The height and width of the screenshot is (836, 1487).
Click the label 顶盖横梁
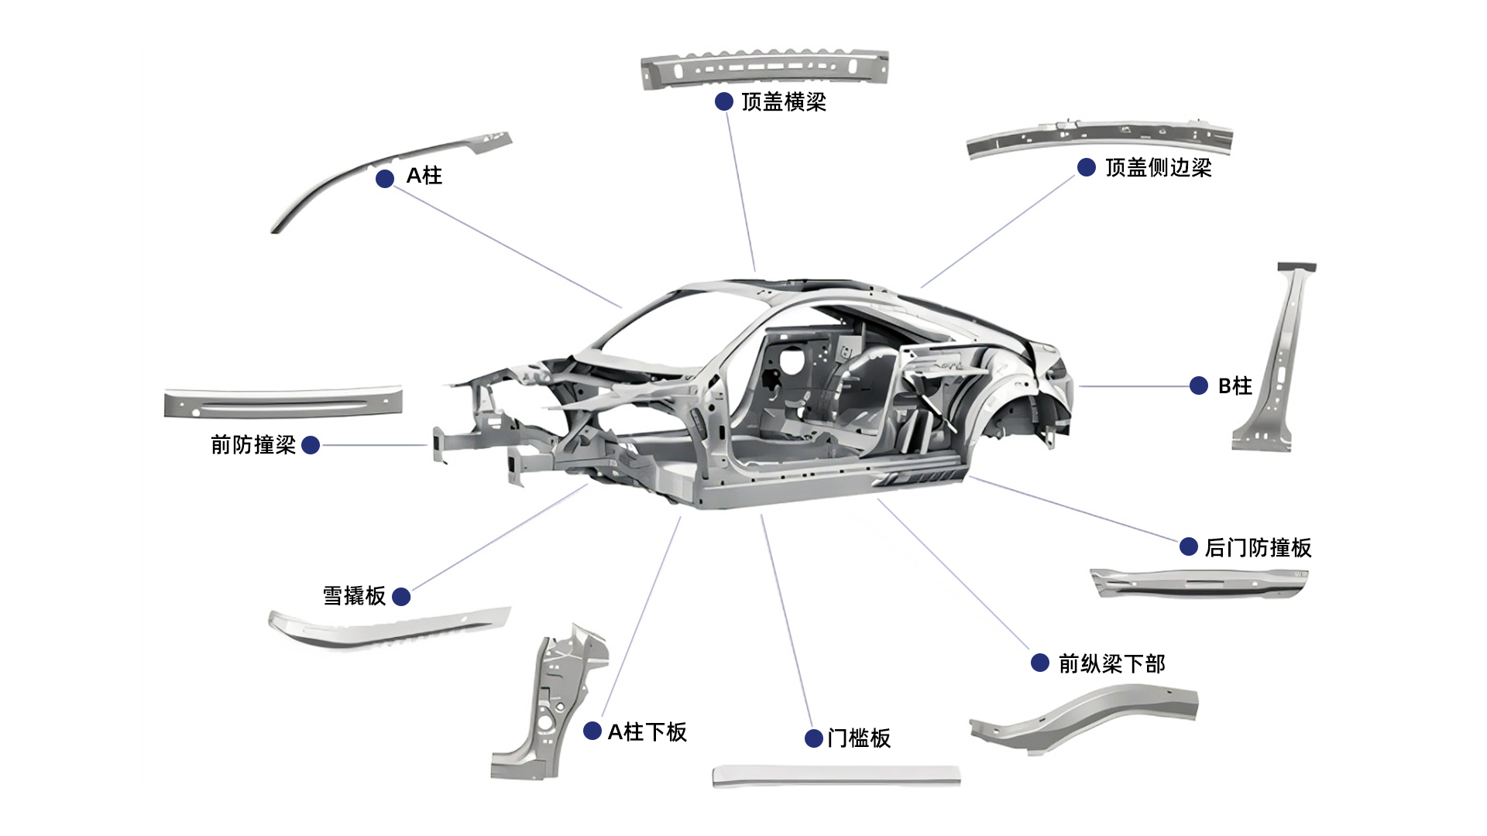[x=783, y=102]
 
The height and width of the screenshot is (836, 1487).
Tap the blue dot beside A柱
[x=385, y=179]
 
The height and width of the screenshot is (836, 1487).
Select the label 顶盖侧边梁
[x=1158, y=168]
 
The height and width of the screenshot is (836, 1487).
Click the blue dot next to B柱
[x=1198, y=385]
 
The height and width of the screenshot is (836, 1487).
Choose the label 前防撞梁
[x=253, y=445]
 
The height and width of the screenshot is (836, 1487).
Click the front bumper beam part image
[x=283, y=403]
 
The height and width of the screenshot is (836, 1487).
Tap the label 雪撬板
[x=354, y=596]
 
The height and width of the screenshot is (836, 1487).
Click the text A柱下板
[x=647, y=732]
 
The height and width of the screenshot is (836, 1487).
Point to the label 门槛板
[x=858, y=738]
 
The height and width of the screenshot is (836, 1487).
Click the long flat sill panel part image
[x=836, y=776]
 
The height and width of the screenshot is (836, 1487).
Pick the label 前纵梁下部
[x=1111, y=664]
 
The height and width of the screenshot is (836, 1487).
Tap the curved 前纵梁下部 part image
[x=1084, y=720]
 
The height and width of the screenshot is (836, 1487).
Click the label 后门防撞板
[x=1258, y=548]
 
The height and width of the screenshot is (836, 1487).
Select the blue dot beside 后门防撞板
[x=1189, y=546]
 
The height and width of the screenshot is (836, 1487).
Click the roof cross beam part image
[x=764, y=68]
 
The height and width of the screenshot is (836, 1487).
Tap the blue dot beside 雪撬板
[x=401, y=597]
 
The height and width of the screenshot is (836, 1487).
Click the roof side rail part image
[x=1100, y=137]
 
